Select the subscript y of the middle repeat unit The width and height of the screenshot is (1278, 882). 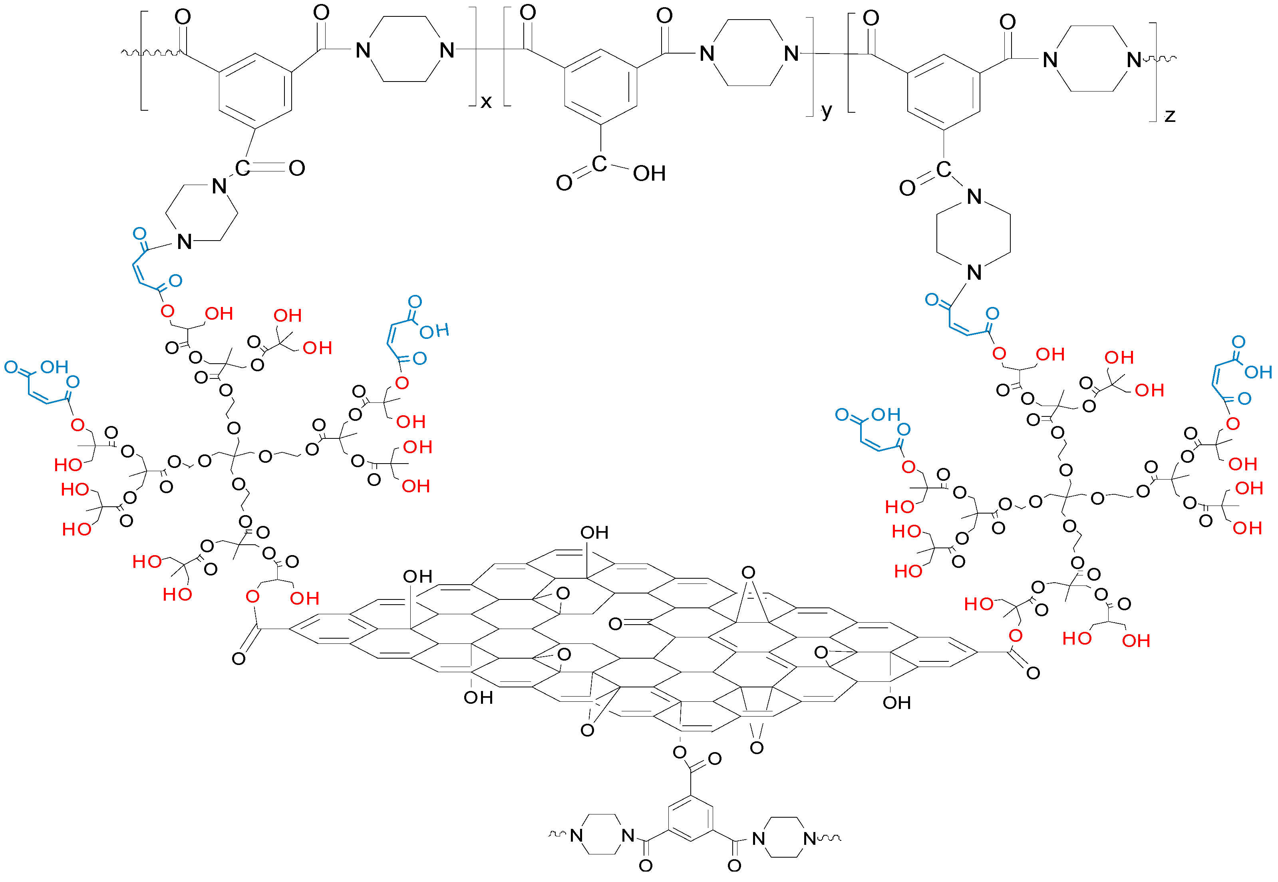point(826,111)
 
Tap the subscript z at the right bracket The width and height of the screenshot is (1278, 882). point(1170,116)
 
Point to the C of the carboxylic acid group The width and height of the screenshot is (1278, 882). point(599,164)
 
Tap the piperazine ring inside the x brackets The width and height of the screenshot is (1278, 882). point(405,50)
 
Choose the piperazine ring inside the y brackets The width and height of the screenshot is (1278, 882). point(749,53)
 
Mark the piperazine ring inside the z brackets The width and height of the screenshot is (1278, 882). point(1092,59)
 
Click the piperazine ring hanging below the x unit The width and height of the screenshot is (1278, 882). point(202,213)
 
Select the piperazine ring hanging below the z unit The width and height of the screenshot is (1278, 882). point(974,234)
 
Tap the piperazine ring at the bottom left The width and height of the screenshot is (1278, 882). point(602,835)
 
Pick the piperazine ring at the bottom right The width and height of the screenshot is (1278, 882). point(784,838)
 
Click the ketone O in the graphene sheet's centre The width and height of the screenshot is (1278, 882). point(615,624)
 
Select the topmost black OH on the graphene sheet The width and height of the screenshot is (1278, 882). point(594,533)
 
